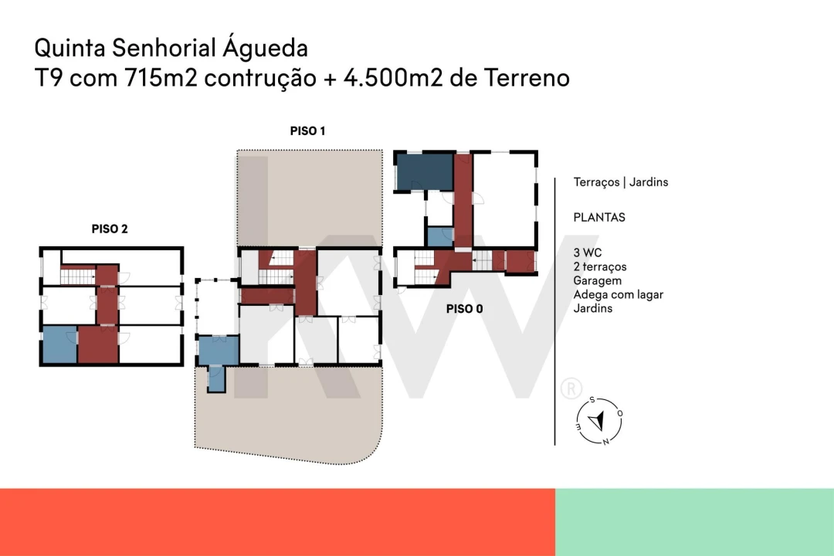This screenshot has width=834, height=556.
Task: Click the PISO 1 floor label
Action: pos(307,131)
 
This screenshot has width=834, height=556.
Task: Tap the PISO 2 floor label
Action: pos(110,229)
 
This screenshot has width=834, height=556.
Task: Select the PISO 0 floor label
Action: pos(464,309)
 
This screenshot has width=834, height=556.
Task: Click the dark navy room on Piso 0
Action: pos(425,172)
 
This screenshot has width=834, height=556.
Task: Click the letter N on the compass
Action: pos(605,442)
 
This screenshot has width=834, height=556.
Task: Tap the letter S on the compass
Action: pos(592,400)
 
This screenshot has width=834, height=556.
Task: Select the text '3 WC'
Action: pos(587,253)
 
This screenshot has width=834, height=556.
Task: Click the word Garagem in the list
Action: pos(597,281)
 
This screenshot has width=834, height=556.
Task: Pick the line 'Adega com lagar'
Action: pos(618,295)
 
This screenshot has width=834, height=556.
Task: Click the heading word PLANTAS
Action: pos(599,218)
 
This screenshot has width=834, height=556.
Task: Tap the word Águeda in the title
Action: pos(265,47)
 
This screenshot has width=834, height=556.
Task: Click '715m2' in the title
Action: pos(161,78)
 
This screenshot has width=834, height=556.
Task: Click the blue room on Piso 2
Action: pos(59,344)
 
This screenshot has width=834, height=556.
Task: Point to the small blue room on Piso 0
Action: pos(440,237)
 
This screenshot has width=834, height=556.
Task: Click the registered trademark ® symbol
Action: pos(571,388)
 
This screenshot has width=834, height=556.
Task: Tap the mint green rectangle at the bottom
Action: pos(695,523)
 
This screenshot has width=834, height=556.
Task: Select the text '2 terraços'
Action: pos(600,267)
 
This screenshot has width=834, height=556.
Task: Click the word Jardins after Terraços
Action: pos(649,182)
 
